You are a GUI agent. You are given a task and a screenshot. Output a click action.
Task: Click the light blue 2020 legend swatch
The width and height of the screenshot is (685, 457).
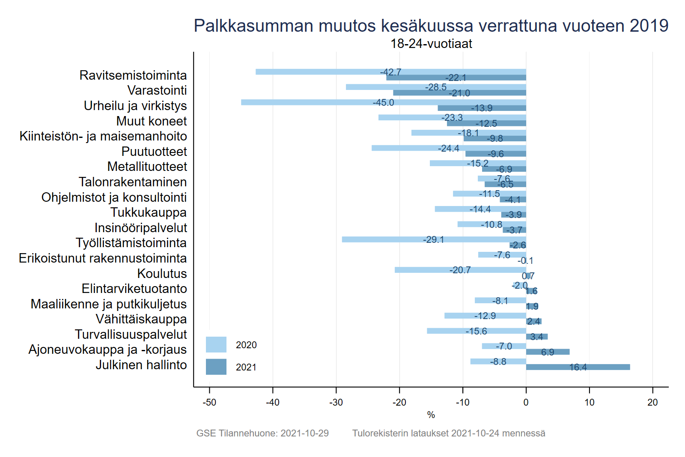click(216, 345)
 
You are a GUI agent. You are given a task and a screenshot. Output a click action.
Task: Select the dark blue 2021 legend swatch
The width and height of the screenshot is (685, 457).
click(216, 367)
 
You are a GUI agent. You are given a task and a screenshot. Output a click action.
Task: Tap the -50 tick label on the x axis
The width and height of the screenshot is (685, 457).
click(209, 403)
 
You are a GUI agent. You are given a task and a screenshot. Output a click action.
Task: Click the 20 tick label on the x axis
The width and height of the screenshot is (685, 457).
click(652, 403)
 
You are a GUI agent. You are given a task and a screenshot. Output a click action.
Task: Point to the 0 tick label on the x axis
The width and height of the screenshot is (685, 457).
click(526, 403)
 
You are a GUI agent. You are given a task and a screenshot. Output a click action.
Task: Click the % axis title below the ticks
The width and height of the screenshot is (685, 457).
click(431, 415)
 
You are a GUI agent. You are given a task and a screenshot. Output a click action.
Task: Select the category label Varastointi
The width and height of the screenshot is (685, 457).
click(157, 90)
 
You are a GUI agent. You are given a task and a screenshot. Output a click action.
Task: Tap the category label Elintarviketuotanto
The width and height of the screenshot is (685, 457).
click(134, 289)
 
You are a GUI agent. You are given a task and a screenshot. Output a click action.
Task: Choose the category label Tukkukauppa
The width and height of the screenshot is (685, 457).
click(149, 212)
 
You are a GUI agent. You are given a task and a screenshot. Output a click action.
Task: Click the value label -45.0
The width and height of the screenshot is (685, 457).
click(383, 103)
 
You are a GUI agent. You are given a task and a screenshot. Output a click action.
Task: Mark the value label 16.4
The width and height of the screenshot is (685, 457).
click(578, 367)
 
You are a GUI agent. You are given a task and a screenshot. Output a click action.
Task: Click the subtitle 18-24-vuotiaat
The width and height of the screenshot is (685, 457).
click(431, 44)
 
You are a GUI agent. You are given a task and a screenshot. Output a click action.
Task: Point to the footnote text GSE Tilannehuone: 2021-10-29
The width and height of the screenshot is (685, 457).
click(262, 433)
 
